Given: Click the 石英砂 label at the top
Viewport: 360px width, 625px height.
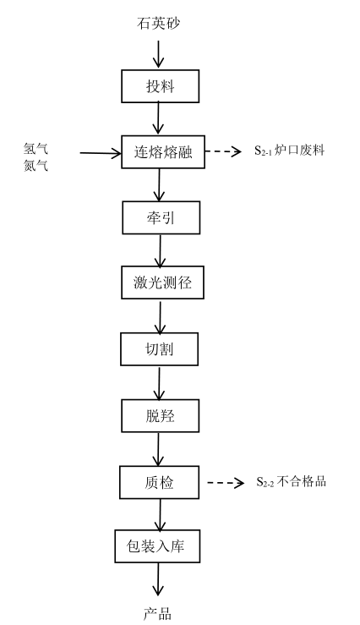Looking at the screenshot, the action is pyautogui.click(x=159, y=23).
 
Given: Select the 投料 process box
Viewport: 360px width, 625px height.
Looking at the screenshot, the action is pyautogui.click(x=160, y=86).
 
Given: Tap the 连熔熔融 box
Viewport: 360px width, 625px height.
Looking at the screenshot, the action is pyautogui.click(x=163, y=152).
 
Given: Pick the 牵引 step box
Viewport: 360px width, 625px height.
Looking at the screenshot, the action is pyautogui.click(x=161, y=217).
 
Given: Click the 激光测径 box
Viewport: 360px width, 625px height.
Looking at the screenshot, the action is pyautogui.click(x=162, y=282).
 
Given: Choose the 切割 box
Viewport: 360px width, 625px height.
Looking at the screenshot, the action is pyautogui.click(x=159, y=349).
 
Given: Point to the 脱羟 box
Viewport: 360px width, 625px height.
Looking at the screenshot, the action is pyautogui.click(x=160, y=416).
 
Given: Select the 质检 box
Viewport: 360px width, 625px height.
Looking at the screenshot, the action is pyautogui.click(x=159, y=482).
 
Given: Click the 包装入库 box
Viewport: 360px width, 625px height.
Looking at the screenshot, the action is pyautogui.click(x=157, y=546).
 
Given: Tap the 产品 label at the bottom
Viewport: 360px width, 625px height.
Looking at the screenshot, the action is pyautogui.click(x=157, y=614).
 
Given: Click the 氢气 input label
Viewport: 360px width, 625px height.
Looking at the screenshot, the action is pyautogui.click(x=35, y=149).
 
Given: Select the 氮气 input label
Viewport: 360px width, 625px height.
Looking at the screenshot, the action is pyautogui.click(x=35, y=165).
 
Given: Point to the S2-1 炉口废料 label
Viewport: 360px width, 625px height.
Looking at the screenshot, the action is pyautogui.click(x=290, y=151).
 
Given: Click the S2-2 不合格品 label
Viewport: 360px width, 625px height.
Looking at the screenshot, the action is pyautogui.click(x=291, y=481).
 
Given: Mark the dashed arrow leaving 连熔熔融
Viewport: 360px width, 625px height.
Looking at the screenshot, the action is pyautogui.click(x=223, y=151).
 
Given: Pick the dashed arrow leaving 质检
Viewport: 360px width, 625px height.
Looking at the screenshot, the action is pyautogui.click(x=226, y=483).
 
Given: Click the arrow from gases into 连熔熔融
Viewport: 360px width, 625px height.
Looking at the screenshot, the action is pyautogui.click(x=101, y=153).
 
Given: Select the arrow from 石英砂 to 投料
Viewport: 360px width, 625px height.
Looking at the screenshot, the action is pyautogui.click(x=159, y=54).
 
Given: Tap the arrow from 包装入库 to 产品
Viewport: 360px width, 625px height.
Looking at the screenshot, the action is pyautogui.click(x=158, y=579).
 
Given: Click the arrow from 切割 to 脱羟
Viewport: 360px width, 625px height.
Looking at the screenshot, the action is pyautogui.click(x=159, y=383).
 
